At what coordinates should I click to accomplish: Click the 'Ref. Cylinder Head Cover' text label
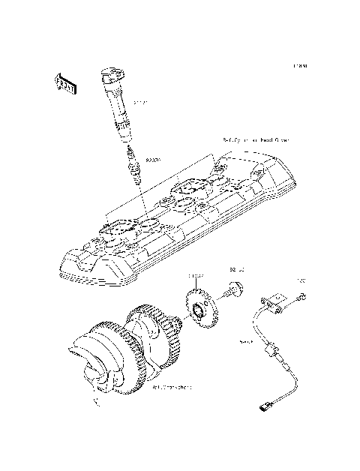[x=256, y=139]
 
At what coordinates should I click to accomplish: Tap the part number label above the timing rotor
[x=196, y=277]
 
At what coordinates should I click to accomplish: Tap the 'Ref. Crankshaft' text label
[x=172, y=388]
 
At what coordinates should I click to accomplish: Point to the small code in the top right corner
[x=301, y=66]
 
